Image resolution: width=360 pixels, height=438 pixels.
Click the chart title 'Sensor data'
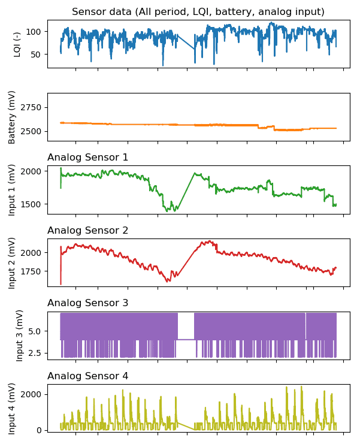(x=102, y=12)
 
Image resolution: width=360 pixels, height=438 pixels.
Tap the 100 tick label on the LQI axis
(x=34, y=32)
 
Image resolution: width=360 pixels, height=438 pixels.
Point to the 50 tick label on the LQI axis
(x=36, y=55)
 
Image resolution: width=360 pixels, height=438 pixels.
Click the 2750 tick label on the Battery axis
(x=31, y=107)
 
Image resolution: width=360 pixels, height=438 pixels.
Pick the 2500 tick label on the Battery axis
(x=31, y=131)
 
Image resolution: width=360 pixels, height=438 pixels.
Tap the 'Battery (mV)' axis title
(x=11, y=117)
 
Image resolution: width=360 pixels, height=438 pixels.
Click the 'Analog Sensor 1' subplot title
(x=87, y=157)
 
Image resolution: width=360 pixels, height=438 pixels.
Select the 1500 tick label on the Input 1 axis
(x=31, y=204)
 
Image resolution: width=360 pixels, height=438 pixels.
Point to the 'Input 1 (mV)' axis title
(x=11, y=190)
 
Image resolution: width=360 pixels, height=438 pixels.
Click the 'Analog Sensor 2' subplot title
(x=87, y=230)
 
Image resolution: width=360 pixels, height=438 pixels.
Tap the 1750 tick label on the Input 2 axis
(x=31, y=271)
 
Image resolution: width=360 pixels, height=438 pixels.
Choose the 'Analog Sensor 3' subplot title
(x=87, y=303)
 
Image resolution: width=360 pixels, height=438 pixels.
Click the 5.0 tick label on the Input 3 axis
(x=35, y=331)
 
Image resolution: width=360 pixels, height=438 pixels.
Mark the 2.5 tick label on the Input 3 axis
(x=35, y=353)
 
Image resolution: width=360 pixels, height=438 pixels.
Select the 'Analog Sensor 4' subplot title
(x=87, y=376)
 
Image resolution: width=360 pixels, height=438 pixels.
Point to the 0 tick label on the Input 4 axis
(x=38, y=430)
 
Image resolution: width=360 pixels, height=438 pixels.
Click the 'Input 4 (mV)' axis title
(x=11, y=409)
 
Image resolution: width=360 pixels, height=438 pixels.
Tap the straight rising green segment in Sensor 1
(x=186, y=191)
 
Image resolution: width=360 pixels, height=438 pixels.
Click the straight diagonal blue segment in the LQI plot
(x=186, y=42)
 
